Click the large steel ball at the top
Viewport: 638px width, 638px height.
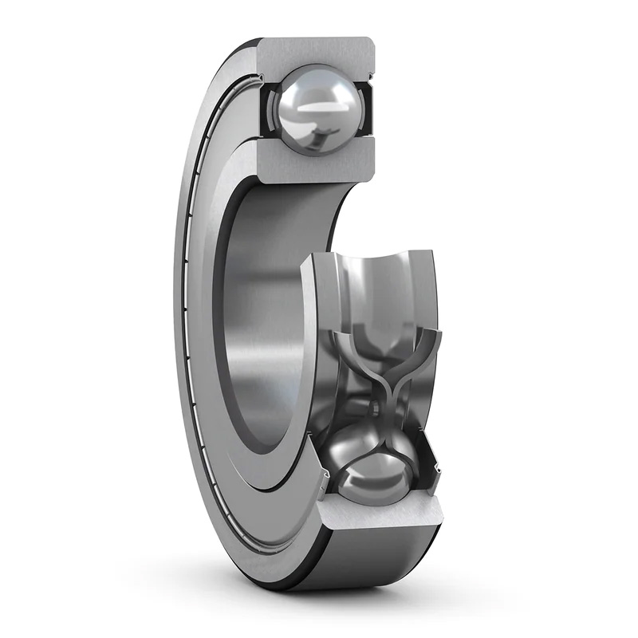(314, 108)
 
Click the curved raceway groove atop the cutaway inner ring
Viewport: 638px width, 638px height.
(375, 275)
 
